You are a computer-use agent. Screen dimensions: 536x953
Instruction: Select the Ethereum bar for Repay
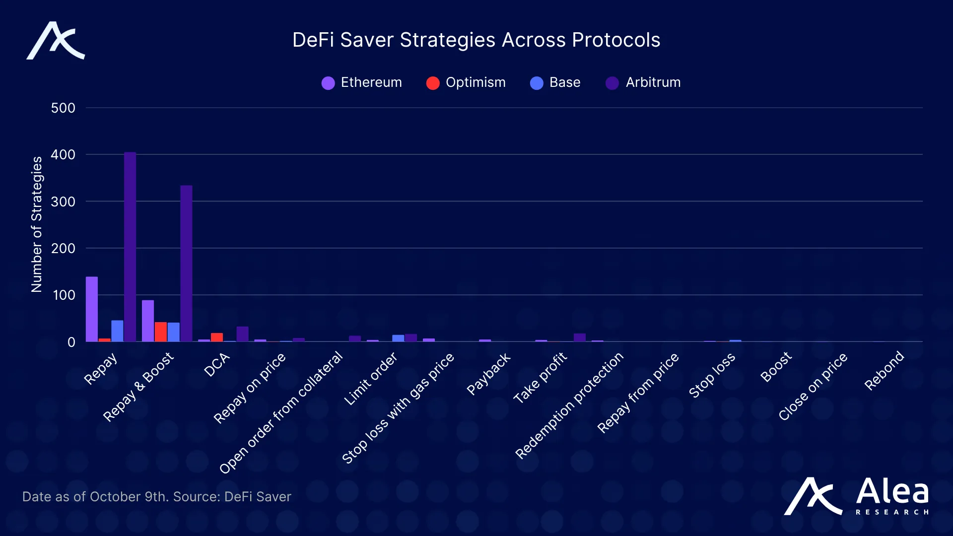[x=92, y=309]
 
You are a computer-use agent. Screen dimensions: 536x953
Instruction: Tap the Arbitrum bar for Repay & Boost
[x=186, y=264]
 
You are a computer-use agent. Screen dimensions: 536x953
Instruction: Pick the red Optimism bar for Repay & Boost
[x=161, y=332]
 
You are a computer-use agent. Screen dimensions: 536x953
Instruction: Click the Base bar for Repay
[x=117, y=331]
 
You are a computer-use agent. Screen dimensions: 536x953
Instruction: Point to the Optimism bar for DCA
[x=217, y=337]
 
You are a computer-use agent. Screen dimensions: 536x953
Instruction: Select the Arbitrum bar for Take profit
[x=580, y=337]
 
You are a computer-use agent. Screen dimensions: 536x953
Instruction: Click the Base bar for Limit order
[x=398, y=338]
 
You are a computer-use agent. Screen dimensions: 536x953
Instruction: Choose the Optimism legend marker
[x=433, y=83]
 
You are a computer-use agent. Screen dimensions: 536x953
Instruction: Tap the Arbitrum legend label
[x=653, y=82]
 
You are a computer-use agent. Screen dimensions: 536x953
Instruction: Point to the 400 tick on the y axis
[x=63, y=155]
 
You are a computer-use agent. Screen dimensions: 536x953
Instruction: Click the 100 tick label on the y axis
[x=64, y=295]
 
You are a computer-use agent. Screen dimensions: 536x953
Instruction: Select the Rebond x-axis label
[x=884, y=371]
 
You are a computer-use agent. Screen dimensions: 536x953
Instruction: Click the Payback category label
[x=488, y=374]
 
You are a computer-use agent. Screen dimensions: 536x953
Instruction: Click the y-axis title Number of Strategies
[x=37, y=224]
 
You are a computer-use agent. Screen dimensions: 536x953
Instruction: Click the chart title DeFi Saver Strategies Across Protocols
[x=476, y=40]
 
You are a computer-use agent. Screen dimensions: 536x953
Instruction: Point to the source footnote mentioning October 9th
[x=156, y=497]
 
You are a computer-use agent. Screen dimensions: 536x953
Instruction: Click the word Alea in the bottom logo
[x=892, y=492]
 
